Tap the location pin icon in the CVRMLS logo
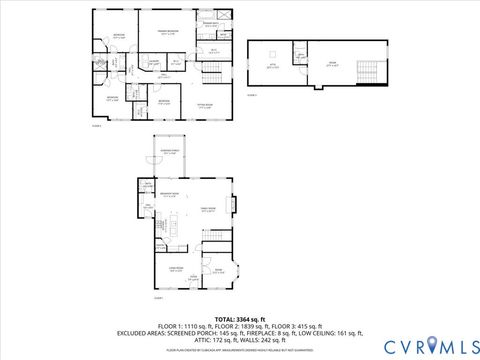tap(431, 345)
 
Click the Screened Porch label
tap(172, 152)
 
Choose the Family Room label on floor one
tap(208, 209)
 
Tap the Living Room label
tap(173, 269)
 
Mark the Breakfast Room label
tap(170, 194)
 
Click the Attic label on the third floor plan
tap(270, 65)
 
